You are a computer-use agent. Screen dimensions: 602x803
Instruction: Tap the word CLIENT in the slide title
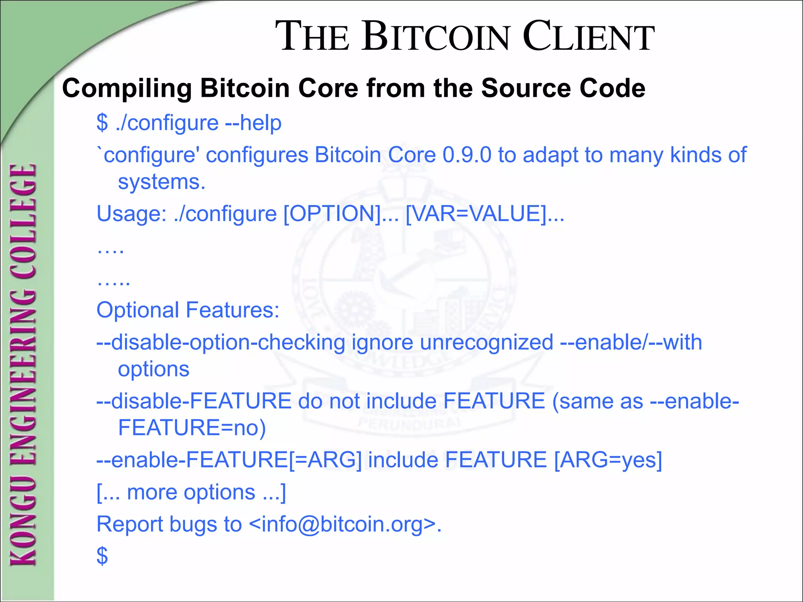coord(588,37)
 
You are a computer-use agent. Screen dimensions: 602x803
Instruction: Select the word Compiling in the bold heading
coord(127,89)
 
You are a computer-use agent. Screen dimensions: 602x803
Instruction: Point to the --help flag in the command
coord(253,123)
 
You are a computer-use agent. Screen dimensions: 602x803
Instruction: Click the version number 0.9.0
coord(467,155)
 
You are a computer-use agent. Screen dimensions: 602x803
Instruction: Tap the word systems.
coord(162,182)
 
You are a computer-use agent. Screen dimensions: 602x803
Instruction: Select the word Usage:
coord(132,214)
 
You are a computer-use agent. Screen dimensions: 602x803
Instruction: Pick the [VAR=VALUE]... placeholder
coord(485,214)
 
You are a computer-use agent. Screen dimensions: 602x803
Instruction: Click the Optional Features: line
coord(188,310)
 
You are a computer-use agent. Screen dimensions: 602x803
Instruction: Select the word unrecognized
coord(486,342)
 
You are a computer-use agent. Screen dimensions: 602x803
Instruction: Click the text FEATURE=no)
coord(192,428)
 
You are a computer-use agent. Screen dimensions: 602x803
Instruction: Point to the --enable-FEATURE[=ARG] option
coord(229,460)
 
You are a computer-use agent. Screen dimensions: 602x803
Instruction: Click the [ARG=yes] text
coord(608,460)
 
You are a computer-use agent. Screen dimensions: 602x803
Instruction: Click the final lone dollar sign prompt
coord(102,556)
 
